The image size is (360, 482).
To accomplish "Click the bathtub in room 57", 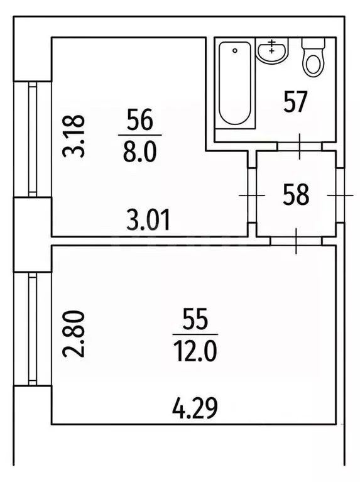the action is [235, 84].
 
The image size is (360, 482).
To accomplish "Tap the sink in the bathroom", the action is [272, 51].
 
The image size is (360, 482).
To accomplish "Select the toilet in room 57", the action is [313, 57].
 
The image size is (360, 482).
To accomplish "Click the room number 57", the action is [295, 102].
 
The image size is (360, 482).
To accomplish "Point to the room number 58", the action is [296, 194].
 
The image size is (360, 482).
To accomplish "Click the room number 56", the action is [140, 119].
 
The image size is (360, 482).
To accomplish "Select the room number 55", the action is [195, 319].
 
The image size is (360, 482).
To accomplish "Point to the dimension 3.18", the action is [73, 136].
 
